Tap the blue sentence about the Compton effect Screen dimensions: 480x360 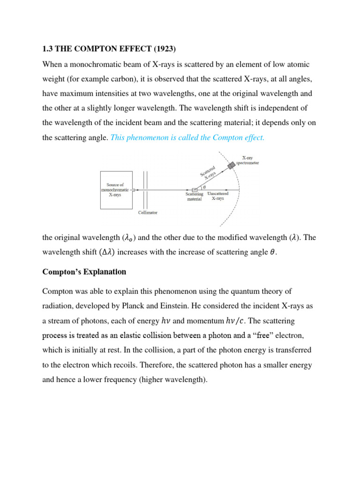(x=187, y=137)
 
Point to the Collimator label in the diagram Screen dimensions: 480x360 (x=148, y=212)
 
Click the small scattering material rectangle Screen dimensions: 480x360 (x=195, y=189)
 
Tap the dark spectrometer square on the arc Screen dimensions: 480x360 (x=231, y=166)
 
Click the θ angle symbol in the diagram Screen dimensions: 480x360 (x=204, y=186)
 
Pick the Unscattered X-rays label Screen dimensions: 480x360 (x=218, y=196)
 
